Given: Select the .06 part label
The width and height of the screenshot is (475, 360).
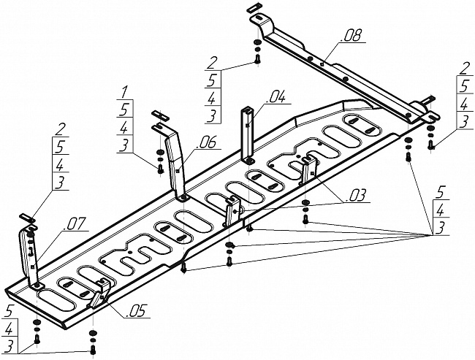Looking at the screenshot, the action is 206,142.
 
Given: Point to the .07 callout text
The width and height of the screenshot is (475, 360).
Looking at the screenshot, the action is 73,223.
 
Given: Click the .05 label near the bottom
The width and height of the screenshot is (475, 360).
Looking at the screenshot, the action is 136,311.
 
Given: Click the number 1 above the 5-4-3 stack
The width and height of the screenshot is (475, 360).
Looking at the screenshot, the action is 124,92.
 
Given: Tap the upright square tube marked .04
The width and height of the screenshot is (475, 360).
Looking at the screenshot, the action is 248,135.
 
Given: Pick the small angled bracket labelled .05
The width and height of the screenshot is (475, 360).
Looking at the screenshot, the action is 100,293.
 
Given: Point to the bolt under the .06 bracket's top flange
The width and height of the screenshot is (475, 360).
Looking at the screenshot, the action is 160,169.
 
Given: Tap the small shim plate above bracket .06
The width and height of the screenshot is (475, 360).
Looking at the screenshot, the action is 159,115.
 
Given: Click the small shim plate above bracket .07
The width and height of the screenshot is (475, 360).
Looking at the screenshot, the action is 27,218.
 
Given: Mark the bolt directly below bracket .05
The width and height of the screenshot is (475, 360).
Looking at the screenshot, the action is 93,351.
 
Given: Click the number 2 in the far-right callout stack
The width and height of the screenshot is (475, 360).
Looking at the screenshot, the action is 464,69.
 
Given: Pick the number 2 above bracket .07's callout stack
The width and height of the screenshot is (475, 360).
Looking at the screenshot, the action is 60,129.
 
